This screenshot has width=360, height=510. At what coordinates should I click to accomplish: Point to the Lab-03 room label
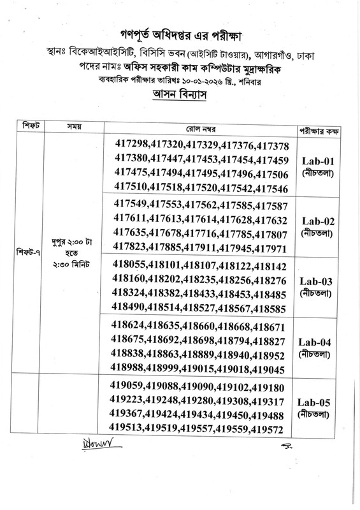(316, 280)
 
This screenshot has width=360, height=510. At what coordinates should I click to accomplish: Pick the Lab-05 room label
(316, 403)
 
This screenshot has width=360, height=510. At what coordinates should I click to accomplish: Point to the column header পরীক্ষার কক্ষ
(317, 127)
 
